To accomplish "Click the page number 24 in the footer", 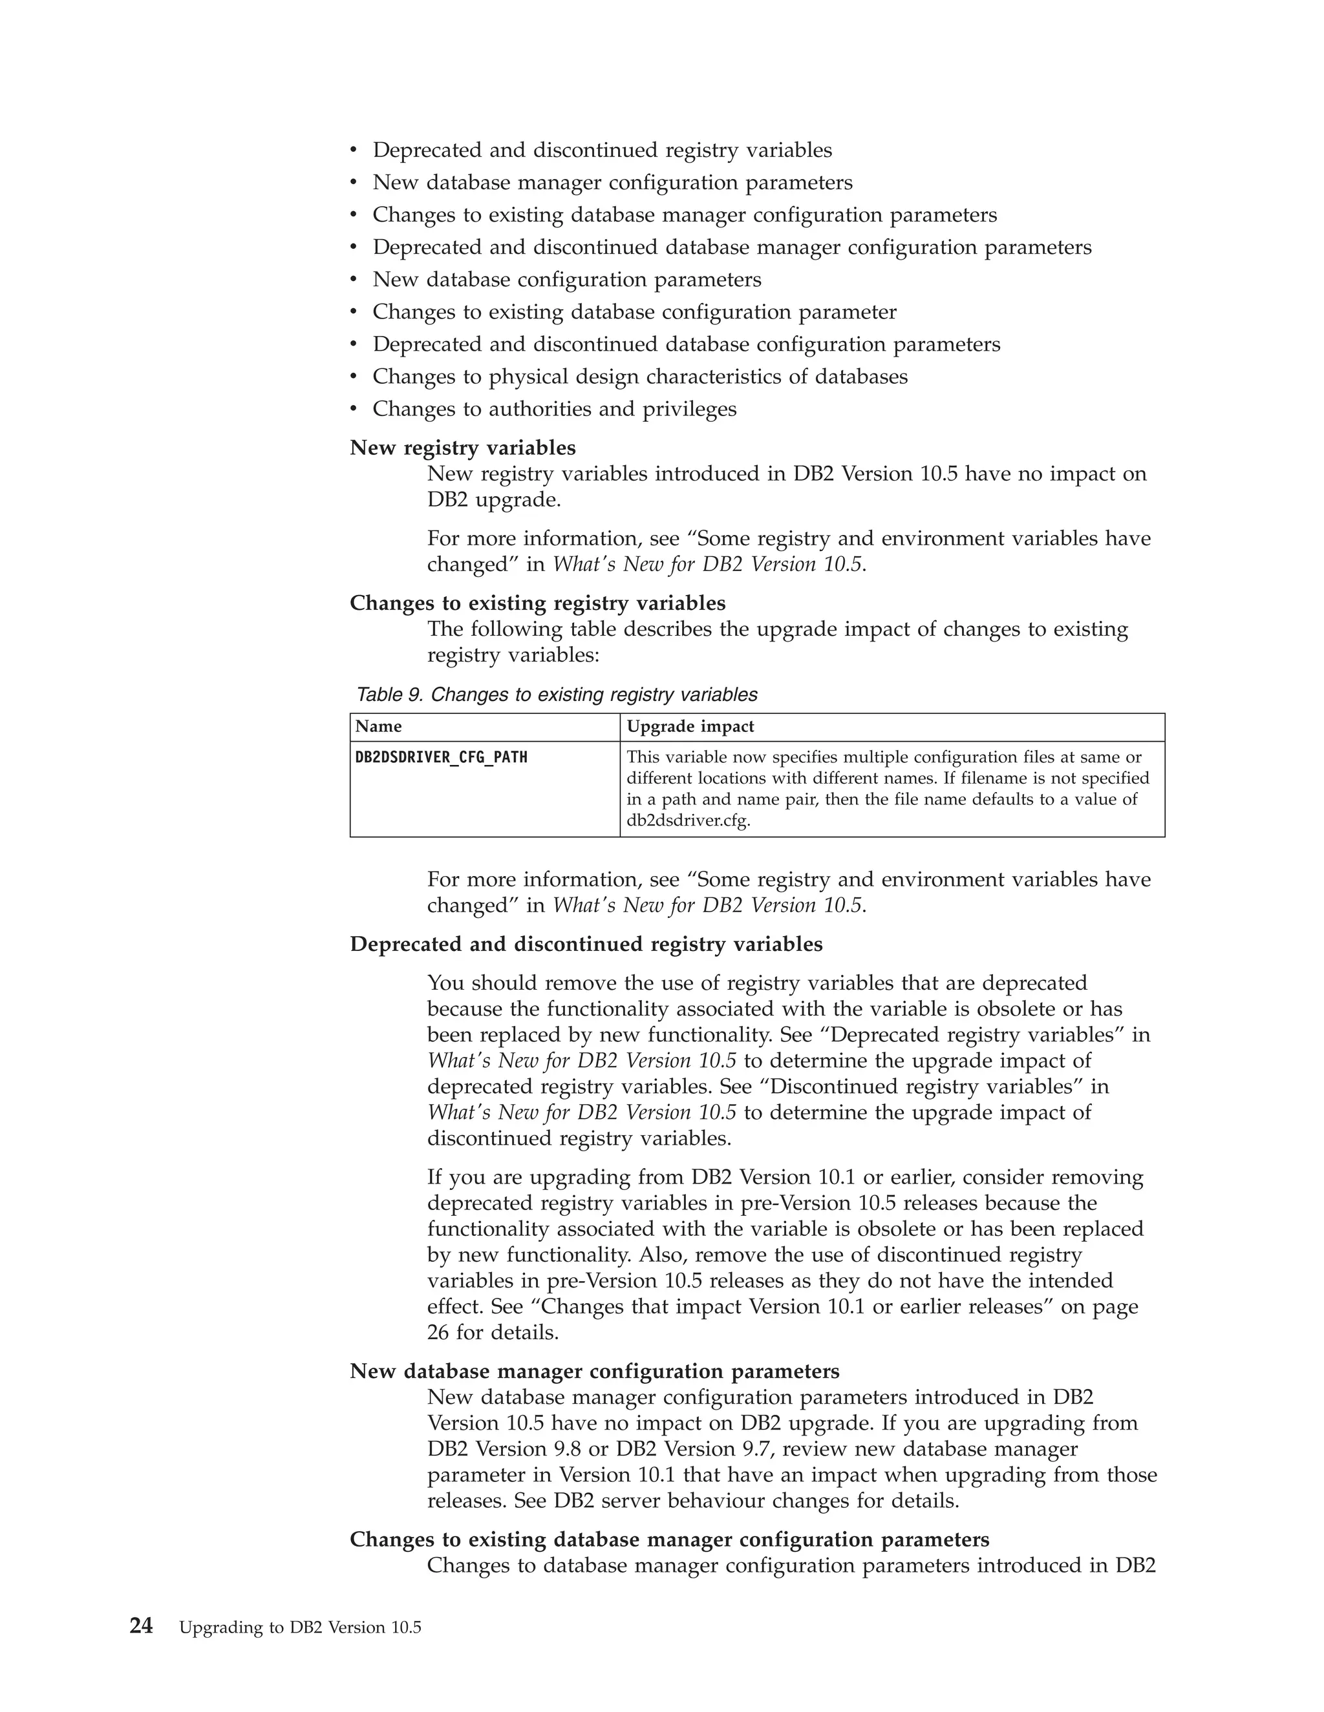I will point(141,1626).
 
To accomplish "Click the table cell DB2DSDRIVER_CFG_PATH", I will point(441,757).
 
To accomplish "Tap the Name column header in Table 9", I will point(378,727).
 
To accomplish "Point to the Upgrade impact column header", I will point(690,727).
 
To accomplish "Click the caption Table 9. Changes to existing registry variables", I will point(556,694).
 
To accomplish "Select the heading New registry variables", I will point(462,448).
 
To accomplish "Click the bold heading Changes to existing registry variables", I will point(537,603).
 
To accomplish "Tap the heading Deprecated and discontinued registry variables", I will point(586,944).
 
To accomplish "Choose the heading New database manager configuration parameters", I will point(595,1371).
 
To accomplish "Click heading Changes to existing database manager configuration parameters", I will point(669,1540).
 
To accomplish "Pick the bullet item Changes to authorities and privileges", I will point(555,409).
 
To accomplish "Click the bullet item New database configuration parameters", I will point(566,280).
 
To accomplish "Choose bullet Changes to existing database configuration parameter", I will point(634,312).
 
